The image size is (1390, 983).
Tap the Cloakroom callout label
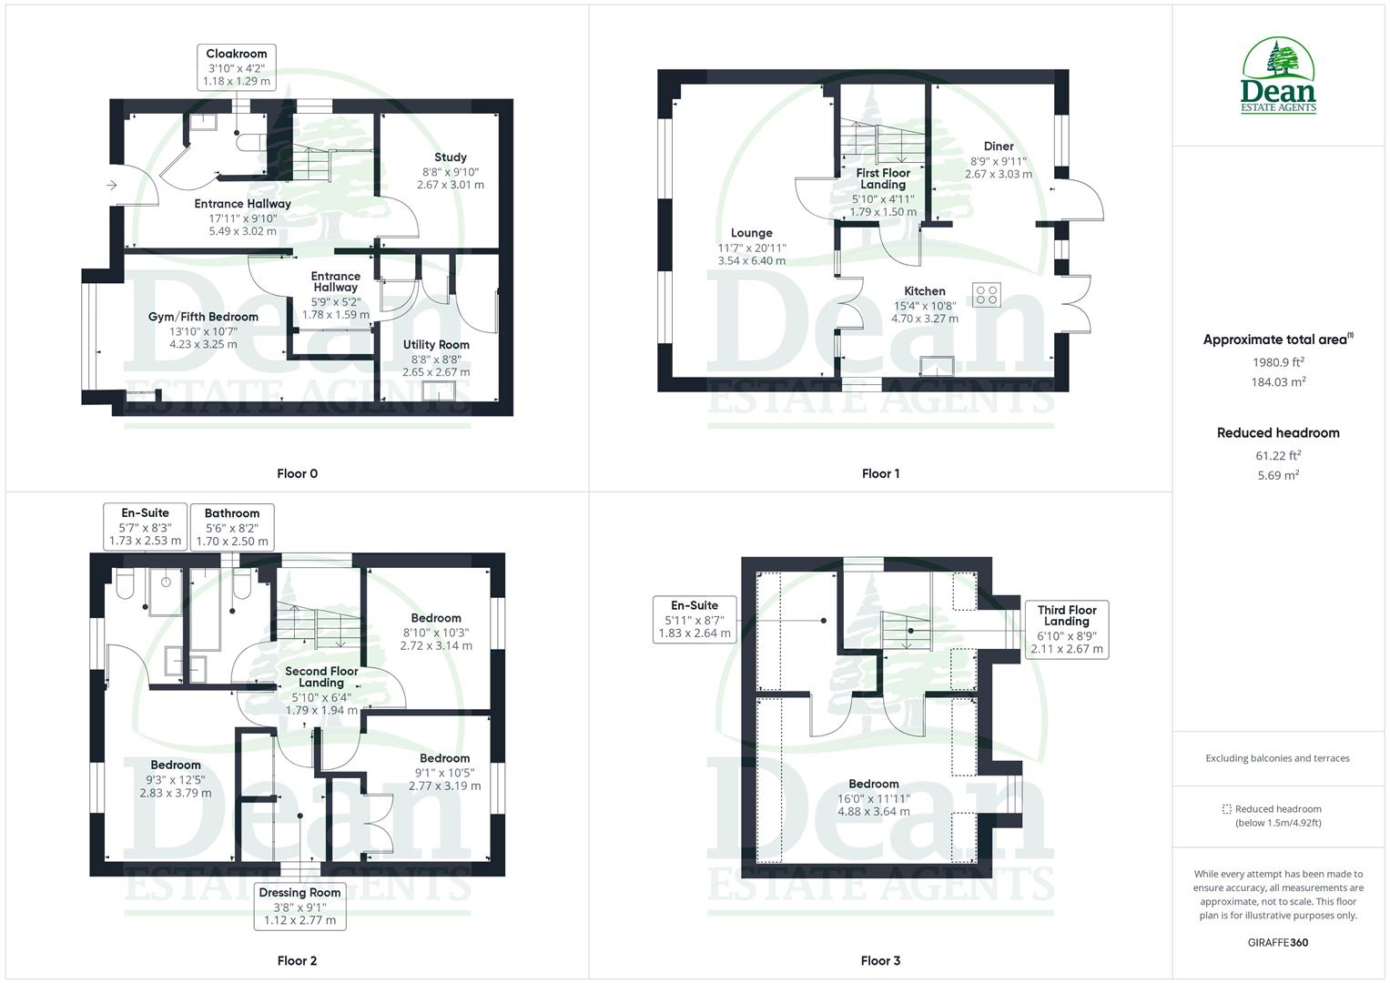point(237,67)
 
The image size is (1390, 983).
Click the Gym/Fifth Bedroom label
point(203,329)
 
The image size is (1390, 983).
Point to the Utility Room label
point(436,358)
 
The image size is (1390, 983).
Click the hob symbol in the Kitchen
point(987,295)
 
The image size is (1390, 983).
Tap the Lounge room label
point(751,247)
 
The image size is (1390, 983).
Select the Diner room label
point(999,159)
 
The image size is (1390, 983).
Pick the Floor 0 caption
point(298,473)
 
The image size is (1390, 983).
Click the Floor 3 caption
point(880,960)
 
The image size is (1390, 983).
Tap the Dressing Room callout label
point(299,906)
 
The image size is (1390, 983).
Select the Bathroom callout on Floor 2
point(232,527)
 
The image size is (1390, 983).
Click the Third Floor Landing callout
point(1067,629)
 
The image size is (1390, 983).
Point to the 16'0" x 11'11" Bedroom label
point(873,797)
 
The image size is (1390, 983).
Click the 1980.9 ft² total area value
point(1278,362)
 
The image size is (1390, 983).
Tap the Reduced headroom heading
point(1278,433)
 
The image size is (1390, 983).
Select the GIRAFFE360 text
point(1277,942)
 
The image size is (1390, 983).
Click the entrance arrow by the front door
point(111,186)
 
